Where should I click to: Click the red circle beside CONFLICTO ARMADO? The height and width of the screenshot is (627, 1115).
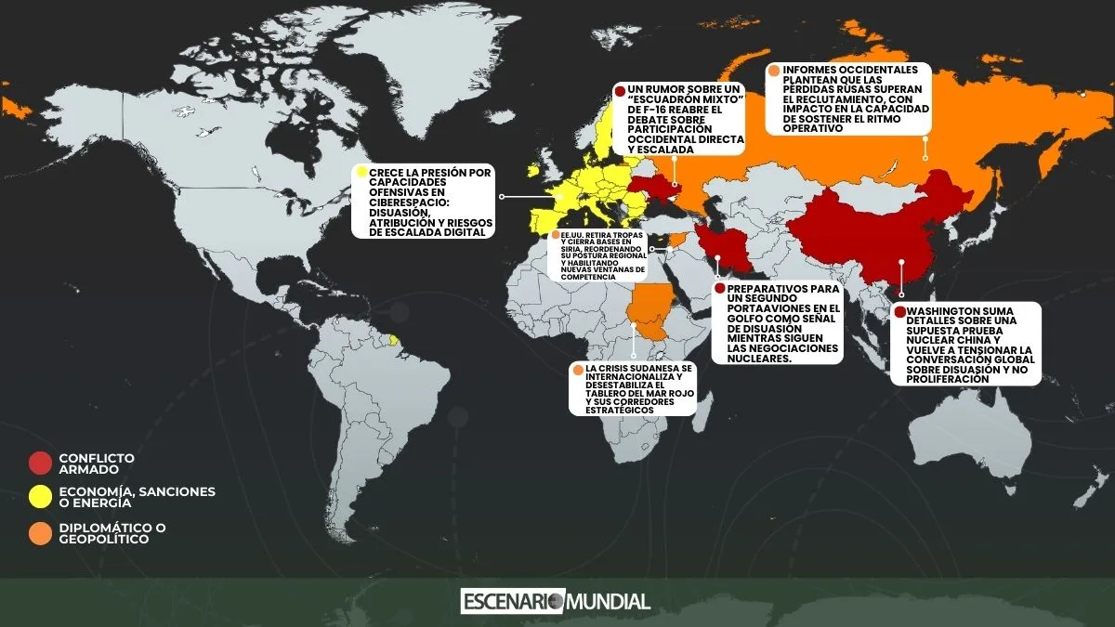(x=40, y=462)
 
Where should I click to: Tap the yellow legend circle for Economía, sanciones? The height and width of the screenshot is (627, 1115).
(x=40, y=496)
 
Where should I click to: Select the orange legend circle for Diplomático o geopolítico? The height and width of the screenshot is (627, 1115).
(x=40, y=533)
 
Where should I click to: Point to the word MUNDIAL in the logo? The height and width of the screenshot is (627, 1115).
(x=608, y=601)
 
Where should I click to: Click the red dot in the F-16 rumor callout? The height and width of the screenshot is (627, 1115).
(x=620, y=90)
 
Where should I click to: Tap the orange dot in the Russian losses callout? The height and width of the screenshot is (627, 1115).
(x=774, y=71)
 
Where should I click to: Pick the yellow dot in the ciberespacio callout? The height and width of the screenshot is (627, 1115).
(x=361, y=172)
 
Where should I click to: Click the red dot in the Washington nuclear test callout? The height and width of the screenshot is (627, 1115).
(x=899, y=311)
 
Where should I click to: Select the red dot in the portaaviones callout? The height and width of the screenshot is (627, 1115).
(x=718, y=288)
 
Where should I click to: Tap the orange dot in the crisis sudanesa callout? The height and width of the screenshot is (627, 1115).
(x=578, y=370)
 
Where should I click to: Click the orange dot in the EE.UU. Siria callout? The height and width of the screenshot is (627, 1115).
(x=555, y=236)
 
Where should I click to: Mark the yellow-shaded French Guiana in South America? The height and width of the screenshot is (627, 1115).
(x=394, y=341)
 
